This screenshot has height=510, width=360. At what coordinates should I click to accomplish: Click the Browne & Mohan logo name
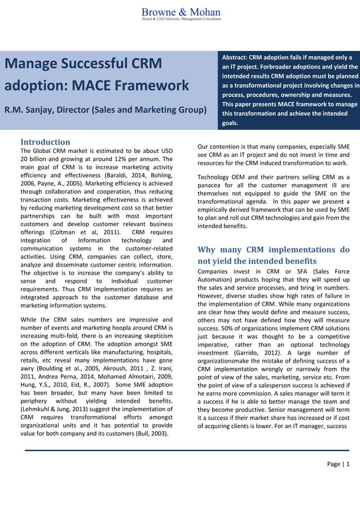click(x=181, y=11)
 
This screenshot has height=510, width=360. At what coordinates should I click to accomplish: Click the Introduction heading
click(x=45, y=142)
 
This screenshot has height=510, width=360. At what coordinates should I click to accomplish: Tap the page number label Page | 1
click(x=339, y=464)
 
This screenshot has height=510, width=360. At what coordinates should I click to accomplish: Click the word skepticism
click(x=153, y=336)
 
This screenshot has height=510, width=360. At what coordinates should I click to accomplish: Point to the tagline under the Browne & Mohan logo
click(x=181, y=19)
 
